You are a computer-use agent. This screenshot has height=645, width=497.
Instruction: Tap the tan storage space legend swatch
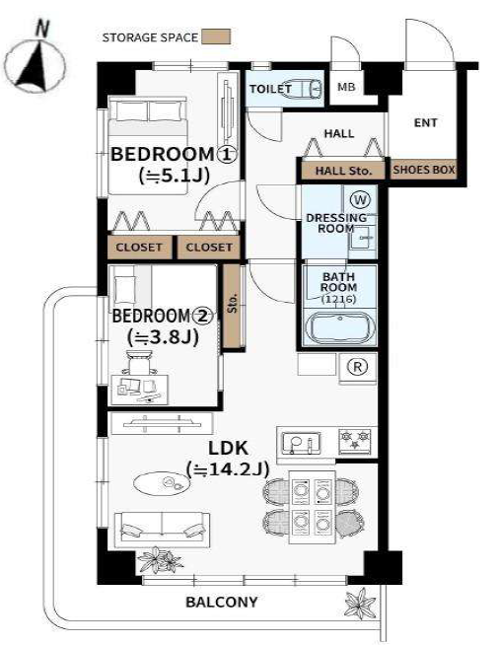(216, 36)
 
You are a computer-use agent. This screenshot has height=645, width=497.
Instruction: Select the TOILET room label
(270, 89)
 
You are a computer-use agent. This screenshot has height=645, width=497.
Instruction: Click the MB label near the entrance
(346, 87)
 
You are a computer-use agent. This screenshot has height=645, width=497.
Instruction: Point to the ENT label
(425, 122)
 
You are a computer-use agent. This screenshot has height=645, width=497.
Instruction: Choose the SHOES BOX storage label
(424, 170)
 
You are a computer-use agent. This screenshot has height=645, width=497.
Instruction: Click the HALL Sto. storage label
(343, 171)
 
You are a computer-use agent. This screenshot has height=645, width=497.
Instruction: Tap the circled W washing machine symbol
(360, 200)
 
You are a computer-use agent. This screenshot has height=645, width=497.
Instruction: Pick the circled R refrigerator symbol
(357, 367)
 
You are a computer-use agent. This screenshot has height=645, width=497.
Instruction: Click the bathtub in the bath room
(339, 329)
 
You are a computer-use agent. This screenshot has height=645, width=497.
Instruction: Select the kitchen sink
(301, 443)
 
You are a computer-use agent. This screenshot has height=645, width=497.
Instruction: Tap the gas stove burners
(355, 441)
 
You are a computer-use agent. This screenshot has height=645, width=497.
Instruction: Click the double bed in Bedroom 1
(147, 145)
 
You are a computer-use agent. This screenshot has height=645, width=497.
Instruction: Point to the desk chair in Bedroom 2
(139, 362)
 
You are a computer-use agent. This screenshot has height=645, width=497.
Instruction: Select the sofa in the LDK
(162, 530)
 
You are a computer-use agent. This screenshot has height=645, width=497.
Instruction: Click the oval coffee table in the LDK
(162, 483)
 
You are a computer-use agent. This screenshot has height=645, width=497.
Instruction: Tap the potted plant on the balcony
(361, 603)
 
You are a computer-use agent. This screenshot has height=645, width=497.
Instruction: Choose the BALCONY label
(221, 603)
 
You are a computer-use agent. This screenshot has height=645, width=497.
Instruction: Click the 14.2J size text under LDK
(228, 468)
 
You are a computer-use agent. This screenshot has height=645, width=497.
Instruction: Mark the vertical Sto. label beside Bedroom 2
(233, 303)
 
